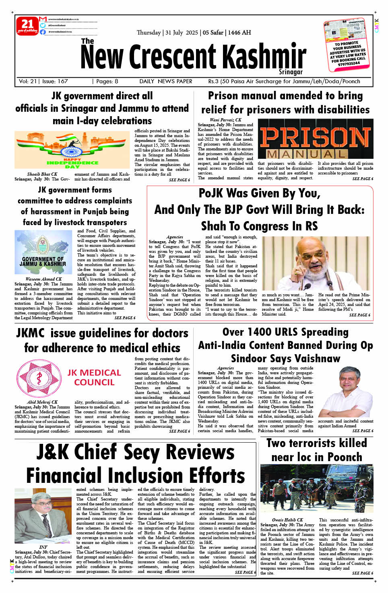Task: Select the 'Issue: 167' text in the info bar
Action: click(55, 81)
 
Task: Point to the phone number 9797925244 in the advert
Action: click(349, 64)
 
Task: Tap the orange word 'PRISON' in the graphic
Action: click(315, 137)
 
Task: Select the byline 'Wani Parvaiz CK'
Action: click(225, 120)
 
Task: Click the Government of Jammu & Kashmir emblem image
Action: click(44, 252)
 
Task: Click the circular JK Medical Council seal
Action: click(39, 379)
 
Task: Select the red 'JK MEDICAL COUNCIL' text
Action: click(94, 378)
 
